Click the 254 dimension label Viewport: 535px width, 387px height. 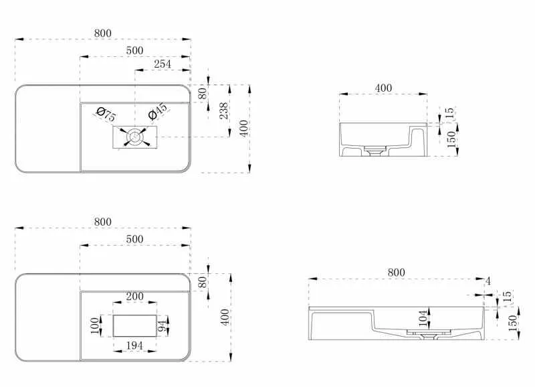click(x=163, y=64)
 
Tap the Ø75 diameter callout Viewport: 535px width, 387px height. click(x=106, y=114)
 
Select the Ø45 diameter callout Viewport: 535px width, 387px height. click(x=158, y=111)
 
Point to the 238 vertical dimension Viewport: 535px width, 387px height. click(x=223, y=110)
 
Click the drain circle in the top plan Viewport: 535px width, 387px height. click(x=135, y=137)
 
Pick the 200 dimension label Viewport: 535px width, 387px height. click(x=135, y=296)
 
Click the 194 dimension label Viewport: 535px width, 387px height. click(x=134, y=345)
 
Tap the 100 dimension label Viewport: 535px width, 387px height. click(x=94, y=325)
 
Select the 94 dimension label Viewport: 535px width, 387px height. click(x=163, y=325)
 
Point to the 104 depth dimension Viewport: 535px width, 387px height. click(x=423, y=318)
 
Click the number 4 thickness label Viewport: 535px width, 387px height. click(x=488, y=281)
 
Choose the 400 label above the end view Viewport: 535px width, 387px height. click(x=383, y=88)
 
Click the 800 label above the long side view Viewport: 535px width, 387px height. click(x=396, y=273)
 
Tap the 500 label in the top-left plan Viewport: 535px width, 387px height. click(x=135, y=50)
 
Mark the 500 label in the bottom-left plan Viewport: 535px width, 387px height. click(x=135, y=239)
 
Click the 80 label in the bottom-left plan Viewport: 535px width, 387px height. click(x=203, y=282)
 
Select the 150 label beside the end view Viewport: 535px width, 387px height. click(x=451, y=139)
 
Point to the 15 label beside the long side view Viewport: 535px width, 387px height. click(x=508, y=296)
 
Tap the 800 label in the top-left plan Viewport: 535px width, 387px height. click(x=103, y=33)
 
